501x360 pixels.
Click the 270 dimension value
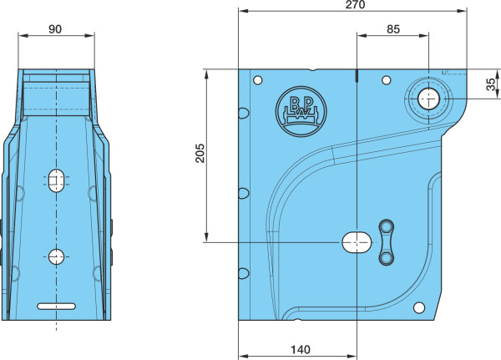point(355,4)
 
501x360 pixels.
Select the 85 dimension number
point(393,29)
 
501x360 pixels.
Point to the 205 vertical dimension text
point(200,153)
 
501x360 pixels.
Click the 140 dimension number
point(300,349)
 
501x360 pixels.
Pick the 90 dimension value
point(55,29)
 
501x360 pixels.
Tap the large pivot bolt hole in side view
point(428,99)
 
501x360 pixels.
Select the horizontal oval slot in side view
point(357,243)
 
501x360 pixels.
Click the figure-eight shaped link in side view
point(387,243)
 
